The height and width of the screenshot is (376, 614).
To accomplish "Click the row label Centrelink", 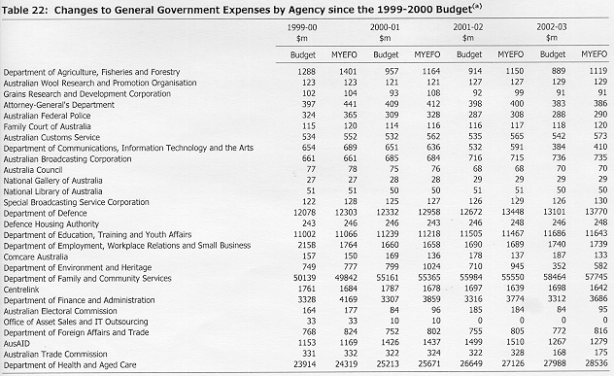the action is tap(21, 290).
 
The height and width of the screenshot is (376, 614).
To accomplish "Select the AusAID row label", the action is tap(17, 344).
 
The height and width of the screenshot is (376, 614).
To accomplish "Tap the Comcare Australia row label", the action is tap(36, 256).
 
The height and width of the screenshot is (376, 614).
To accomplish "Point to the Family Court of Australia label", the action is tap(47, 126).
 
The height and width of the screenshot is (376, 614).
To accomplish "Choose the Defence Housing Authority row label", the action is tap(51, 224).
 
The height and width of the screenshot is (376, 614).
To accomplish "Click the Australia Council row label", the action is tap(33, 170).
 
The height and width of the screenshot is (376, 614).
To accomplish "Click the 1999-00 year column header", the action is tap(302, 27).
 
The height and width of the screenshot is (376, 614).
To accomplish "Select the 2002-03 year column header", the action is tap(552, 27).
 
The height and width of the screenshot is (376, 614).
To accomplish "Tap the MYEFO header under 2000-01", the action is tap(427, 54).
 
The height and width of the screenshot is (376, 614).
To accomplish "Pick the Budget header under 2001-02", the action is tap(469, 54).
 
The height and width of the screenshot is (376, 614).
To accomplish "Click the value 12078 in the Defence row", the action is tap(304, 212).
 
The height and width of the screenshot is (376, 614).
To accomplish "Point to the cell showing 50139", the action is tap(304, 278).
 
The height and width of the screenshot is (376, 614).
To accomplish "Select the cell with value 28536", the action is tap(596, 363).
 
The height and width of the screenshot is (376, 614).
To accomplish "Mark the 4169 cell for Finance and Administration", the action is tap(348, 299).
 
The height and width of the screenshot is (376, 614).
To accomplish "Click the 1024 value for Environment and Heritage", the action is tap(431, 267).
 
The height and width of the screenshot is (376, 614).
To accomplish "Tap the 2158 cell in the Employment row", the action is tap(307, 245).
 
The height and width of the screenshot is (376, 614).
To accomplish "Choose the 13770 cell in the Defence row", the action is tap(596, 212).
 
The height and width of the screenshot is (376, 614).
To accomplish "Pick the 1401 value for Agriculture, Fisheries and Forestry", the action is tap(348, 71).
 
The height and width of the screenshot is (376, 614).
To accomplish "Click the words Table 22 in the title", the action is tap(24, 10).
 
